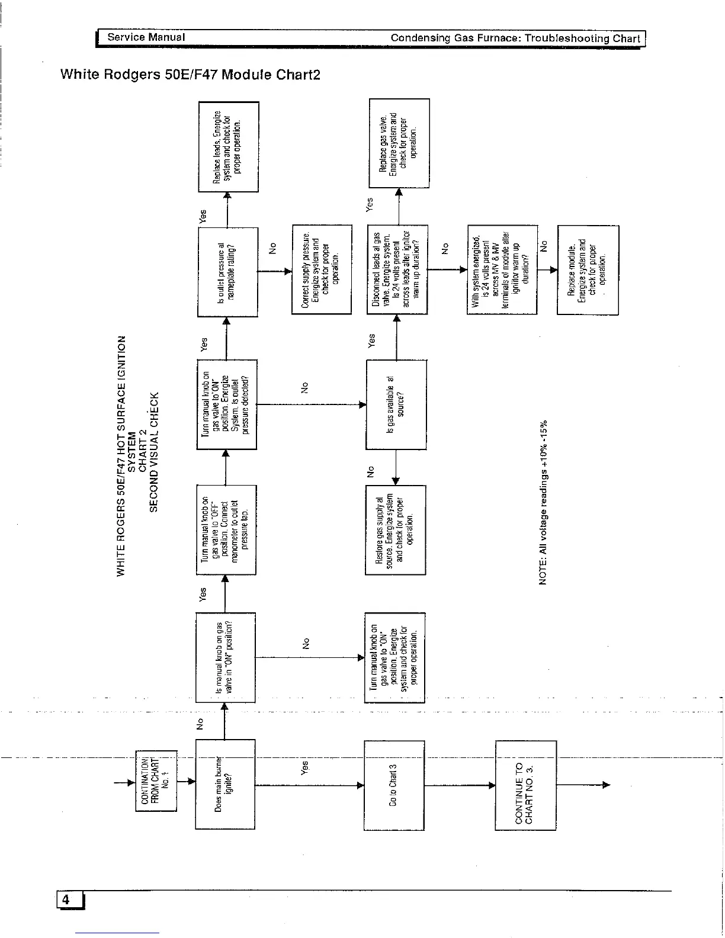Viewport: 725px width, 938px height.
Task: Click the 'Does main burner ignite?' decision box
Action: [225, 784]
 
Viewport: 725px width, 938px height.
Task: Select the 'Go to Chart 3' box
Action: [394, 785]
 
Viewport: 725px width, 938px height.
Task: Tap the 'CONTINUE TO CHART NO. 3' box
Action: [525, 785]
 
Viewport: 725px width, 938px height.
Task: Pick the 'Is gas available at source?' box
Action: [396, 404]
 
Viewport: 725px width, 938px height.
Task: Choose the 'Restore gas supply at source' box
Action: [396, 529]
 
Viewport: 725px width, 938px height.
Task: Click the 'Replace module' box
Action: [588, 270]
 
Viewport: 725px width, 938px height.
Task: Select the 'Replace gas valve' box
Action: [399, 143]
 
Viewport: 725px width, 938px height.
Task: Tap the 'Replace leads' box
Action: [228, 147]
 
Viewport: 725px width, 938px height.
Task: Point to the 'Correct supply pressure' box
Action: [322, 270]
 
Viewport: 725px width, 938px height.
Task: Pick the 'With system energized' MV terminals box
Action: [502, 270]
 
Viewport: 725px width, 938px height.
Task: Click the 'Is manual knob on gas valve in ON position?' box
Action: [225, 657]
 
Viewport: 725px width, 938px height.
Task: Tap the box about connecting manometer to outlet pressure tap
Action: [226, 529]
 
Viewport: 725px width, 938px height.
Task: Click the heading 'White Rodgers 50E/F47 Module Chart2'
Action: [190, 75]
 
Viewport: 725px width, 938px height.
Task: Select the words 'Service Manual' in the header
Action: [146, 37]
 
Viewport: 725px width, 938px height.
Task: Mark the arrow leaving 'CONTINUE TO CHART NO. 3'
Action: [583, 785]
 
